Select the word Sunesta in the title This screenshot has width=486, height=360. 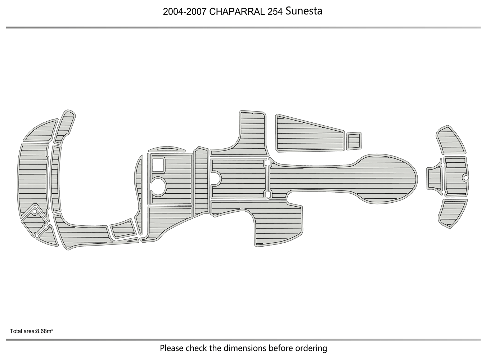tap(304, 11)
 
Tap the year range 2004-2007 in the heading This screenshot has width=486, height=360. tap(185, 12)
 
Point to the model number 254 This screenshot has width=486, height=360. tap(275, 12)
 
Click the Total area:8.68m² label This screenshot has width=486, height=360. tap(32, 331)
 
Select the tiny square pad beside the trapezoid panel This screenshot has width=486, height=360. tap(354, 140)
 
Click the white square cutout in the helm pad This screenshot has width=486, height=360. tap(158, 165)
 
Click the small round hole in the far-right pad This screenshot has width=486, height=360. tap(465, 178)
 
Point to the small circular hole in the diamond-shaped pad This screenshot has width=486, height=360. tap(35, 212)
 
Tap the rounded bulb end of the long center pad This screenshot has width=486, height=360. tap(396, 178)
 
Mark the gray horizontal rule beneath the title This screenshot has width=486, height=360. tap(243, 27)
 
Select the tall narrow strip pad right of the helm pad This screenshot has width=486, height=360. tap(201, 182)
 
